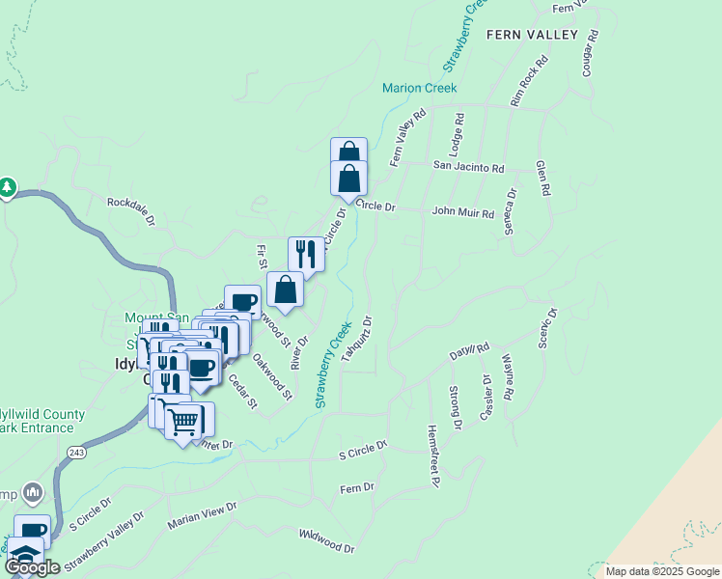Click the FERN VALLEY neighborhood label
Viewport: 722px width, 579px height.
point(532,35)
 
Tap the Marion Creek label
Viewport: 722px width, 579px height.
point(419,88)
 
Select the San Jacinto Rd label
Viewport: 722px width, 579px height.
point(468,167)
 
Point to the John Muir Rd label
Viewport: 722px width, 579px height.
point(463,210)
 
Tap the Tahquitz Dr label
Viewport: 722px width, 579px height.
point(357,337)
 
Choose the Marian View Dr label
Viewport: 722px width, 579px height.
point(202,515)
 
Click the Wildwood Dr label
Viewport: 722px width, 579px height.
point(327,540)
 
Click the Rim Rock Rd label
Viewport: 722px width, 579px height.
point(529,81)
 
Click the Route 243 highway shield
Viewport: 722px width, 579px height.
point(75,452)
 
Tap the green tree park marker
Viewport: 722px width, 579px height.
point(8,186)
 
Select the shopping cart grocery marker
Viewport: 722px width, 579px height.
point(183,421)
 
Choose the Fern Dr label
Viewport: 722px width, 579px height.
point(357,488)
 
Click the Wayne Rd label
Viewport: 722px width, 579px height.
point(508,381)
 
